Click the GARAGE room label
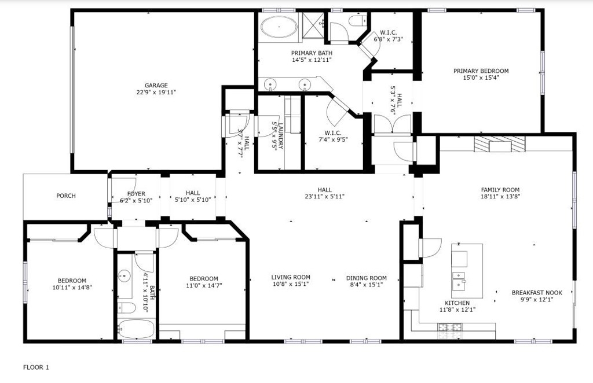click(156, 86)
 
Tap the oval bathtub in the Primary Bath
click(279, 27)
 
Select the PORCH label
click(66, 196)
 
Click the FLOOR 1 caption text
click(36, 367)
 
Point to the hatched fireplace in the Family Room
click(500, 144)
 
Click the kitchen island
click(467, 270)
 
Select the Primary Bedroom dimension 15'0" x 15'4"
click(481, 78)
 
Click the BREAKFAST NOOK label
click(537, 293)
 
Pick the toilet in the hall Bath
click(126, 308)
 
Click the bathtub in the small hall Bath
click(136, 329)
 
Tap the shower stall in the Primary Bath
click(313, 25)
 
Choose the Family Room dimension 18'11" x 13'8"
click(500, 196)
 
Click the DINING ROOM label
click(367, 278)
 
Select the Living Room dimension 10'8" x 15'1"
click(291, 284)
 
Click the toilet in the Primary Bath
click(357, 20)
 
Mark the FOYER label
click(136, 194)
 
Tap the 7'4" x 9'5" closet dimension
click(333, 139)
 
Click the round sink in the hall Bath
click(124, 276)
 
